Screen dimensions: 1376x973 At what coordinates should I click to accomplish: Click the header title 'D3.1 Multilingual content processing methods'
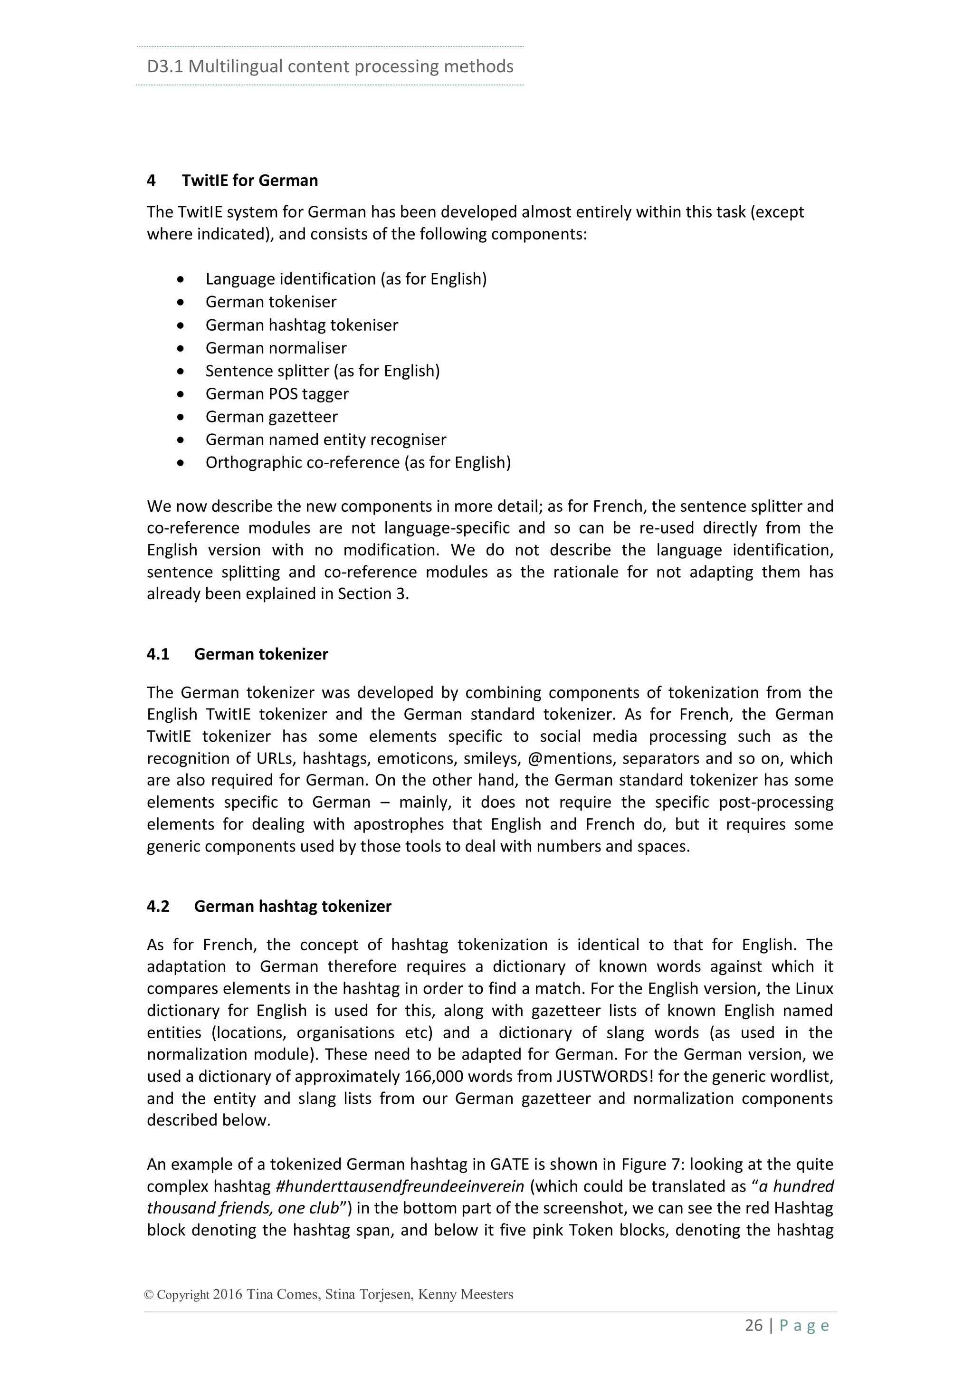point(330,66)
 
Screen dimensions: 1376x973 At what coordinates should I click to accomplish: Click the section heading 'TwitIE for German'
point(250,181)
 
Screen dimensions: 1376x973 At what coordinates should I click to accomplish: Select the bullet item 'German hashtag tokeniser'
point(301,325)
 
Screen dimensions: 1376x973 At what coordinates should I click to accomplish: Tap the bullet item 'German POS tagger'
point(277,394)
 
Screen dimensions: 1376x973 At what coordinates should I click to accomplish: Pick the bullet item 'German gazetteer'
point(271,417)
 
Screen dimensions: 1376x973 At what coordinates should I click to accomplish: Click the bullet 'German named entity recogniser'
point(326,440)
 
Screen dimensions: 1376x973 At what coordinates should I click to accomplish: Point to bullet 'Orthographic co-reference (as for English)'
point(358,462)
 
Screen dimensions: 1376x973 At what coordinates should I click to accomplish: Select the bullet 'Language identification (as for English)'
point(346,279)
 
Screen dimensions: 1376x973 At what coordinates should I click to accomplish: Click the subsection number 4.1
point(158,654)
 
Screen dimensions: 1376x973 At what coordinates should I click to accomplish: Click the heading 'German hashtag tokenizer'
point(292,906)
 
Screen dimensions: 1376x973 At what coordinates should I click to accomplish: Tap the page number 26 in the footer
point(754,1325)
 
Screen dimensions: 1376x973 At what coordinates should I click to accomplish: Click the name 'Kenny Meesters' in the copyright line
point(466,1294)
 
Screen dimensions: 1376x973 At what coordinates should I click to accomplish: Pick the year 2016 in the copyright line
point(228,1294)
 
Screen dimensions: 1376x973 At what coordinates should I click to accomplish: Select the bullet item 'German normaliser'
point(276,348)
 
